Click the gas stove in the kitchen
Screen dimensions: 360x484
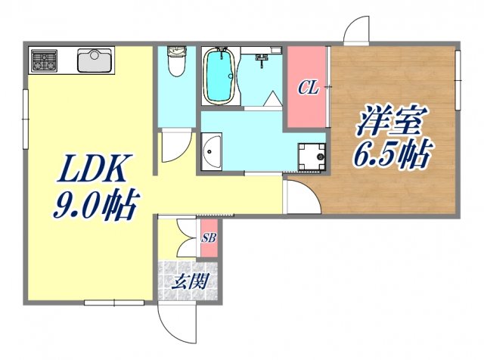pos(43,60)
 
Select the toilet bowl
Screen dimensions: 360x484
pos(175,65)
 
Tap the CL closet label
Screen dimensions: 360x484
pos(307,88)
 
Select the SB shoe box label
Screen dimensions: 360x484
pos(209,238)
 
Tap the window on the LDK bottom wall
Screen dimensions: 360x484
pos(113,303)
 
